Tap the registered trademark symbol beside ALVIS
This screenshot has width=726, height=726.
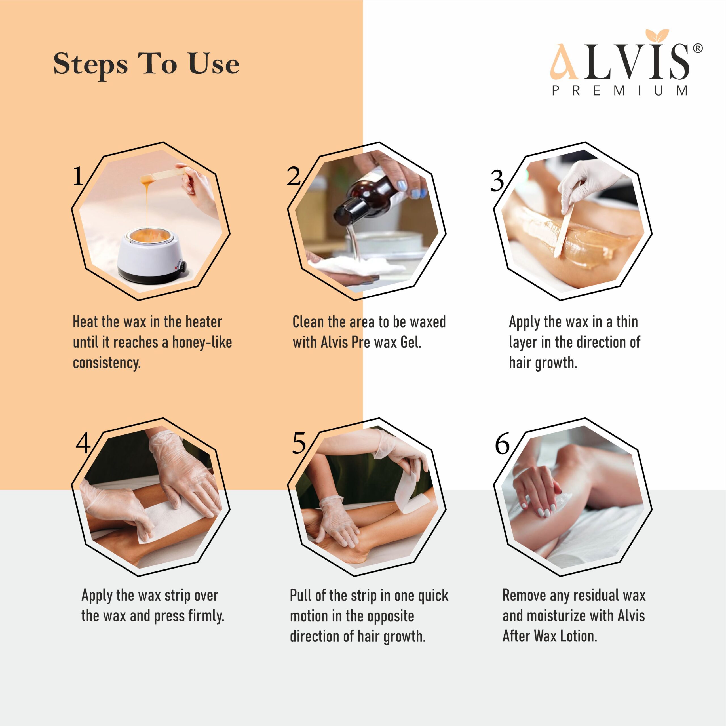pyautogui.click(x=697, y=48)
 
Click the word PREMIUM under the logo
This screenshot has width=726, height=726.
pyautogui.click(x=620, y=91)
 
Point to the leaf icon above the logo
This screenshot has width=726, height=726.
pyautogui.click(x=657, y=35)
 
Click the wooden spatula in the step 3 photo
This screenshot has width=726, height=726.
pyautogui.click(x=564, y=229)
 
